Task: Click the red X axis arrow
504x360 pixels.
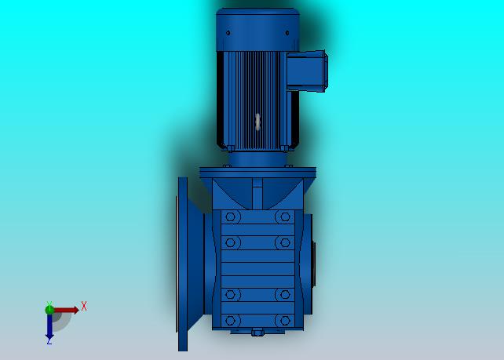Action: pyautogui.click(x=66, y=311)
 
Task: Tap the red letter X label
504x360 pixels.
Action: pyautogui.click(x=84, y=306)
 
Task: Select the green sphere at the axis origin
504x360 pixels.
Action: pyautogui.click(x=49, y=310)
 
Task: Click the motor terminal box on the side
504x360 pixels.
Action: pyautogui.click(x=307, y=71)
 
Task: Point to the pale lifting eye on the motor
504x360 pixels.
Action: pyautogui.click(x=257, y=122)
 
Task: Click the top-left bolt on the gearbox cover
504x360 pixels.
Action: pyautogui.click(x=231, y=216)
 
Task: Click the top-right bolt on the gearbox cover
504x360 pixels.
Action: pyautogui.click(x=285, y=216)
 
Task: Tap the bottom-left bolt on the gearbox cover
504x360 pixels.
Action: pyautogui.click(x=231, y=321)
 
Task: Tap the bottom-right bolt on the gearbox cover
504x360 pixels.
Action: pyautogui.click(x=285, y=321)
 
